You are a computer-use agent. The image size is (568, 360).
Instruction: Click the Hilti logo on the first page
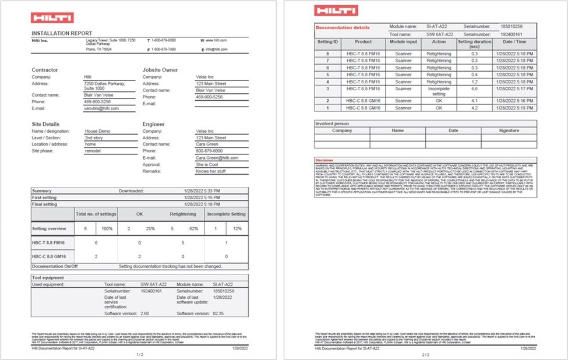pos(44,18)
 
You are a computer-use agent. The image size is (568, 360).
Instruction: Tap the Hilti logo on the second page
pos(328,10)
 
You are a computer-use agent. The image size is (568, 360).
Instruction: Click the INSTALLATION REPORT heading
pos(62,33)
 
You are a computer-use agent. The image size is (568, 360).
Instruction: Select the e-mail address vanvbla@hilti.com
pos(101,108)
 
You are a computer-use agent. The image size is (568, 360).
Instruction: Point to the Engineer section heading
pos(154,124)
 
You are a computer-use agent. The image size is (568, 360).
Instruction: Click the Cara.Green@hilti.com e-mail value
pos(217,158)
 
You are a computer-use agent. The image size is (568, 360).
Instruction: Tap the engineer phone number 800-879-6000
pos(209,151)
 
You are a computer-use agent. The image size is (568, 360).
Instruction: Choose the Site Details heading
pos(45,124)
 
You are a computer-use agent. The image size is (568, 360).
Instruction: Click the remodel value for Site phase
pos(93,151)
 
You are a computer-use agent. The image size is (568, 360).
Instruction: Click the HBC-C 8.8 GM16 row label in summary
pos(48,256)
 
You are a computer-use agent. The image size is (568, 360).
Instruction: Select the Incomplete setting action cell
pos(439,91)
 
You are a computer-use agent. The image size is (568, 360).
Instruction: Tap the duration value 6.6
pos(475,89)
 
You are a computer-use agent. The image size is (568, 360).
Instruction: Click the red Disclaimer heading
pos(324,160)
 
